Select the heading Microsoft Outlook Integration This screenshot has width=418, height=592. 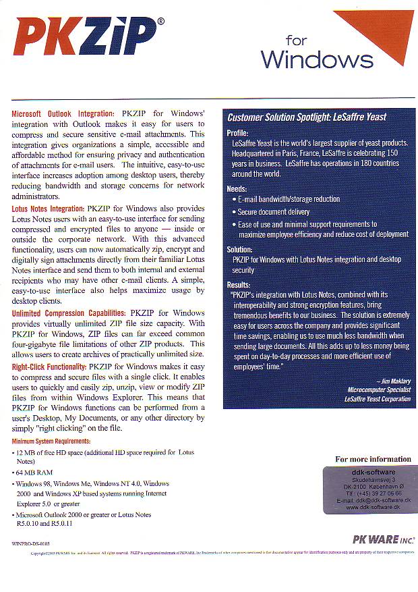(x=63, y=113)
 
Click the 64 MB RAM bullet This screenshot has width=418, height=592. (x=34, y=473)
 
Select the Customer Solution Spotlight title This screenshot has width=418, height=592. (x=307, y=117)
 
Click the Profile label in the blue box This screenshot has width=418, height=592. (x=237, y=133)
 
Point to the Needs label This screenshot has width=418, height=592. (x=237, y=188)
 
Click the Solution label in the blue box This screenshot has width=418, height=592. (x=240, y=248)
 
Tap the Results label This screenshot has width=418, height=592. (x=239, y=285)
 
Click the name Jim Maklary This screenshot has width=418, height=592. (x=393, y=381)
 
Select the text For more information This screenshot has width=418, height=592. (x=373, y=459)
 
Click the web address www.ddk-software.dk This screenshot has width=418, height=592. (x=373, y=507)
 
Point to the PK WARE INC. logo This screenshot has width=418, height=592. (x=384, y=539)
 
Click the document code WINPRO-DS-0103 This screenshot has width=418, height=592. (x=30, y=543)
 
